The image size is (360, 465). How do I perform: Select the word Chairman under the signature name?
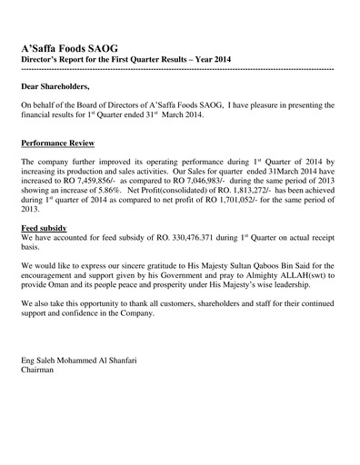tap(37, 371)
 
